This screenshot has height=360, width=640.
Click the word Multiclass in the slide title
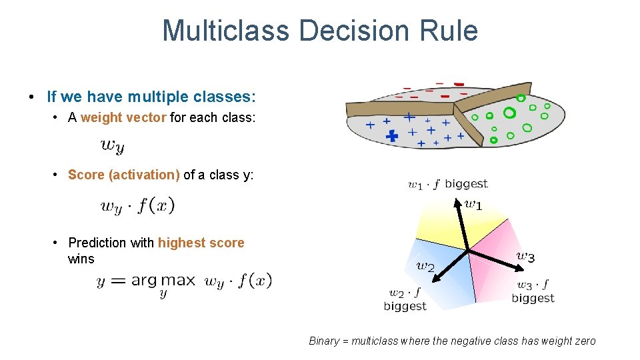pyautogui.click(x=226, y=31)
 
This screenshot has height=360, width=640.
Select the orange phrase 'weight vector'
pyautogui.click(x=123, y=118)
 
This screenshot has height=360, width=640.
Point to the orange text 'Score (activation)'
pyautogui.click(x=124, y=175)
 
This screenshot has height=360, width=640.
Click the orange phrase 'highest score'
pyautogui.click(x=201, y=243)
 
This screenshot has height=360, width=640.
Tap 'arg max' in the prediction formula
pyautogui.click(x=163, y=281)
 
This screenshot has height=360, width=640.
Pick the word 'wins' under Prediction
pyautogui.click(x=81, y=259)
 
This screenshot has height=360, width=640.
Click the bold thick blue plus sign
pyautogui.click(x=392, y=136)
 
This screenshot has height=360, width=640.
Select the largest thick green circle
pyautogui.click(x=509, y=113)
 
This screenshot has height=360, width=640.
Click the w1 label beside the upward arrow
pyautogui.click(x=473, y=205)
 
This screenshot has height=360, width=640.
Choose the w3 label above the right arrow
pyautogui.click(x=525, y=256)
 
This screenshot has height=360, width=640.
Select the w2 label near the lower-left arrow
pyautogui.click(x=425, y=267)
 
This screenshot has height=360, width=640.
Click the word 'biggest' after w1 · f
pyautogui.click(x=466, y=184)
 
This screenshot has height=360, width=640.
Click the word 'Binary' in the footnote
pyautogui.click(x=323, y=341)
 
